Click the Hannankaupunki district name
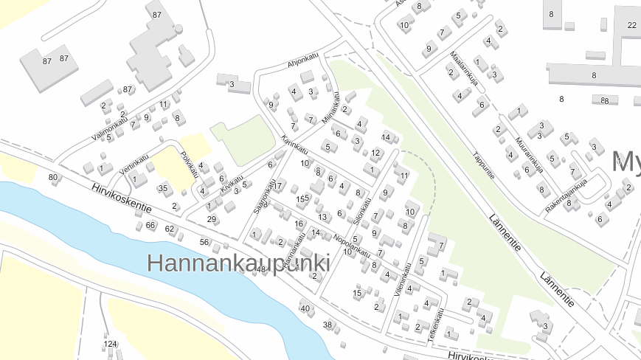pyautogui.click(x=238, y=263)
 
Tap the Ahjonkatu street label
pyautogui.click(x=302, y=60)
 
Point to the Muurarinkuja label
pyautogui.click(x=530, y=152)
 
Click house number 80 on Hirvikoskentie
pyautogui.click(x=52, y=178)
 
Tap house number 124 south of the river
pyautogui.click(x=110, y=344)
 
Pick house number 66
pyautogui.click(x=150, y=225)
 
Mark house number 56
pyautogui.click(x=204, y=242)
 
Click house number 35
pyautogui.click(x=163, y=188)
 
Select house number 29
pyautogui.click(x=212, y=219)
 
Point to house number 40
pyautogui.click(x=305, y=308)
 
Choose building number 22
pyautogui.click(x=632, y=25)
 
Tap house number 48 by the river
pyautogui.click(x=260, y=270)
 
